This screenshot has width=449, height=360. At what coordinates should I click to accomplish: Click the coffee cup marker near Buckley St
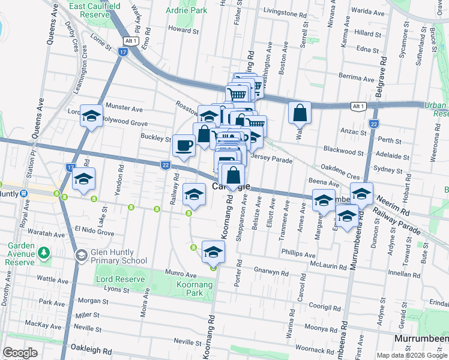point(184,145)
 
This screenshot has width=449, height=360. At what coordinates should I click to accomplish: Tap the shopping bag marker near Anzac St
point(300,113)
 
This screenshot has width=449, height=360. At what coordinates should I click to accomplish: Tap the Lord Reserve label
point(121,280)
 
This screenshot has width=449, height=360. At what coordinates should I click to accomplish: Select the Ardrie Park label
point(186,10)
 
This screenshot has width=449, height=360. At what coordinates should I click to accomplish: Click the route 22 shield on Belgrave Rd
point(373,124)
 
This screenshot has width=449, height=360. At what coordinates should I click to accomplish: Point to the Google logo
point(20,353)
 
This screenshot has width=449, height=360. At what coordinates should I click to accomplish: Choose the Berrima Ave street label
point(356,78)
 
